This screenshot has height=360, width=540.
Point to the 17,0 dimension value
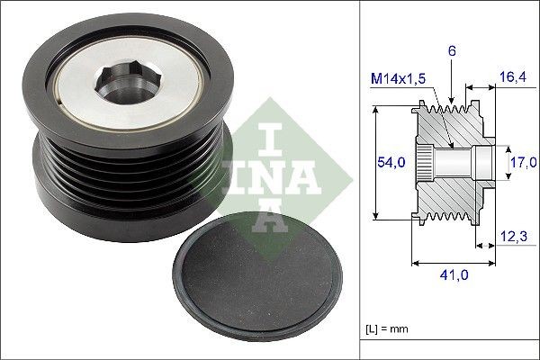tap(522, 163)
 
